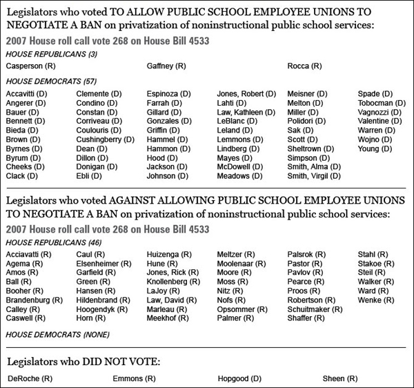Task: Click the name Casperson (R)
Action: pyautogui.click(x=30, y=66)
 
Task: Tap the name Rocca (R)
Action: pyautogui.click(x=304, y=66)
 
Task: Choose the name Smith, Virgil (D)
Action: pyautogui.click(x=314, y=176)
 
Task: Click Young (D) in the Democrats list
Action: pyautogui.click(x=375, y=148)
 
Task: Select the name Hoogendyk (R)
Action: pyautogui.click(x=103, y=309)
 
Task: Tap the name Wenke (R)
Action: pyautogui.click(x=377, y=300)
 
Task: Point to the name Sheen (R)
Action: pyautogui.click(x=340, y=378)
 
